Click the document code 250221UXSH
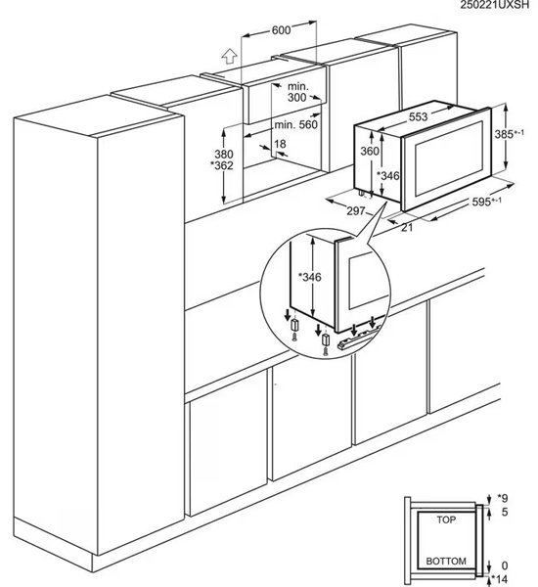[497, 7]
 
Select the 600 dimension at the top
[282, 30]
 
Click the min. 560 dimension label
[296, 125]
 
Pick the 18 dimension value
[281, 145]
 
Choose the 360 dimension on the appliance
[369, 152]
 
